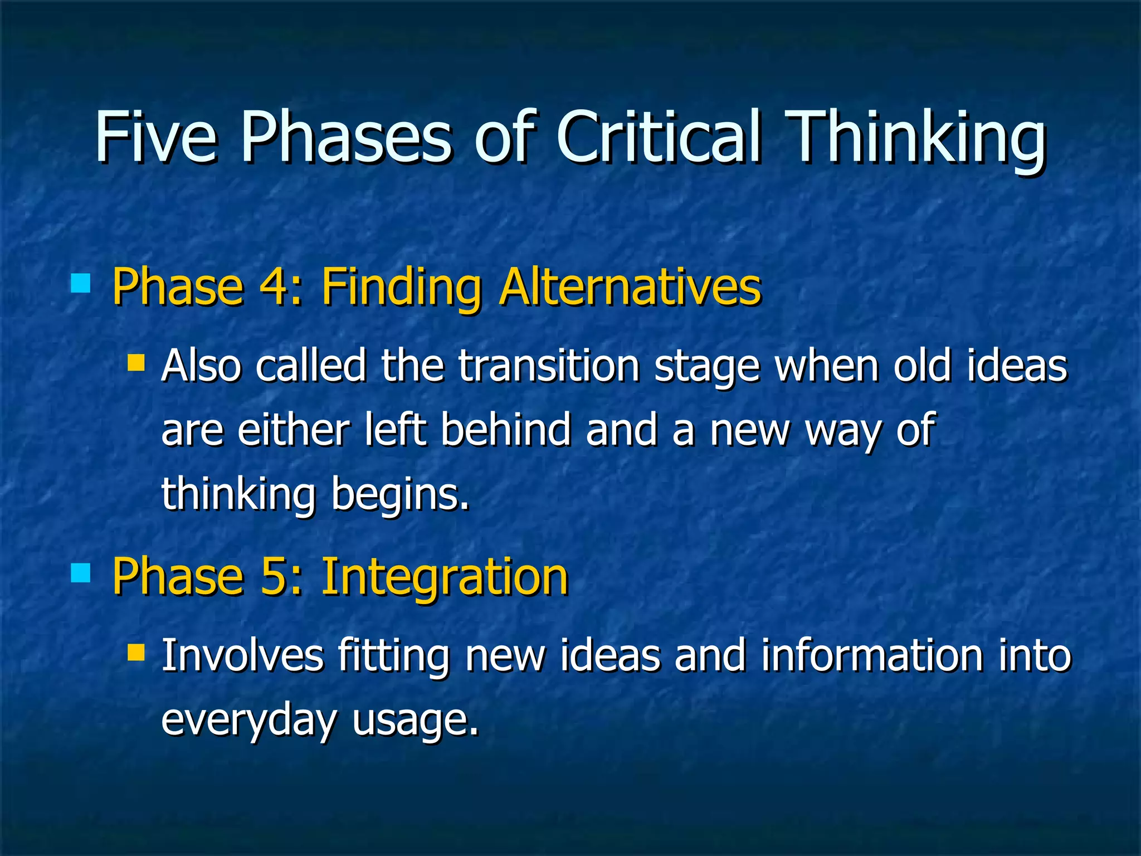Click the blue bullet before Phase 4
(x=81, y=284)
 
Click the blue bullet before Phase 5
(x=81, y=572)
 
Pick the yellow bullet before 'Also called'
(x=136, y=363)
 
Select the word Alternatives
(x=630, y=286)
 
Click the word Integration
(x=445, y=577)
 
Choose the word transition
(x=549, y=367)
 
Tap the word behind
(x=506, y=430)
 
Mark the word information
(x=872, y=655)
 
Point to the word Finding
(x=401, y=288)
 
